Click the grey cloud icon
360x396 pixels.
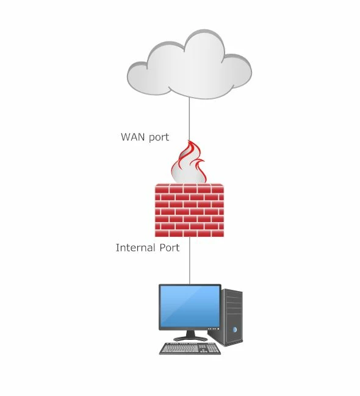coord(189,65)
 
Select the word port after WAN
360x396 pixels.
coord(159,138)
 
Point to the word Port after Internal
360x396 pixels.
coord(169,248)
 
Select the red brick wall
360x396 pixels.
coord(189,210)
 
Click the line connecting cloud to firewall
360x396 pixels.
coord(189,119)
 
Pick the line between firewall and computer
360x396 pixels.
coord(190,261)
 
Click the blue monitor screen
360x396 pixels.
coord(190,306)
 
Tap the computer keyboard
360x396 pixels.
coord(190,348)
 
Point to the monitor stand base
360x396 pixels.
coord(190,339)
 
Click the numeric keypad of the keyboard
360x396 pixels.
coord(213,348)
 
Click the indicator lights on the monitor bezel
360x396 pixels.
coord(213,329)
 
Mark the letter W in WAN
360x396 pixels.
coord(126,137)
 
